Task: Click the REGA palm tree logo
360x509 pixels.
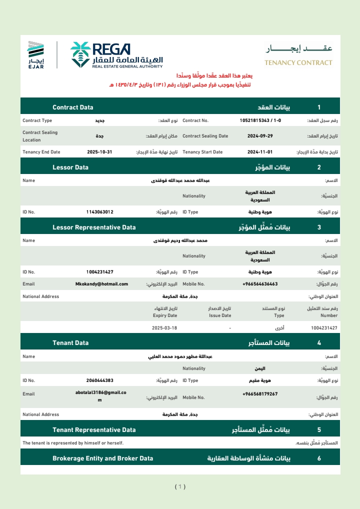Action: tap(80, 54)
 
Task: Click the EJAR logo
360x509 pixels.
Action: tap(35, 55)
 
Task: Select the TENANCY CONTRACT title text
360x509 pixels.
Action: tap(298, 63)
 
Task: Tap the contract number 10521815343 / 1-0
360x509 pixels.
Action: tap(260, 120)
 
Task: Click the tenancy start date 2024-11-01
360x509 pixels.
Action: tap(260, 152)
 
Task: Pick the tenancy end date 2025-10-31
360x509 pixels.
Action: tap(99, 152)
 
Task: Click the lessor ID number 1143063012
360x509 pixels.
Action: tap(99, 212)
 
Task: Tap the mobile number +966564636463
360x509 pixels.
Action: tap(259, 284)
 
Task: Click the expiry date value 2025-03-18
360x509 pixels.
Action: tap(164, 328)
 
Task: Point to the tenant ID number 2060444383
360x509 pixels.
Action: tap(99, 380)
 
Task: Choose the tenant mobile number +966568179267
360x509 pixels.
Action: tap(259, 394)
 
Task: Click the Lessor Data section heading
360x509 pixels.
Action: tap(70, 167)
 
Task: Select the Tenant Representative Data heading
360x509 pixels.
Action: tap(94, 429)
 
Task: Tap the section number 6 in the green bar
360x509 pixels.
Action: tap(319, 458)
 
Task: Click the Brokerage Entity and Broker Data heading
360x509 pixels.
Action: tap(103, 458)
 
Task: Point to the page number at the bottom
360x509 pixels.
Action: tap(180, 486)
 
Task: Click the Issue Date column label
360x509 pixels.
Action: tap(219, 315)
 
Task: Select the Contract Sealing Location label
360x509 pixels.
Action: tap(40, 136)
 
